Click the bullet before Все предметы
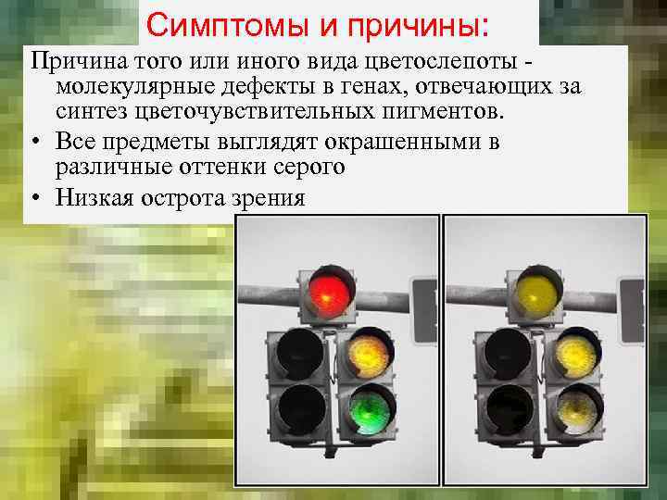[34, 142]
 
